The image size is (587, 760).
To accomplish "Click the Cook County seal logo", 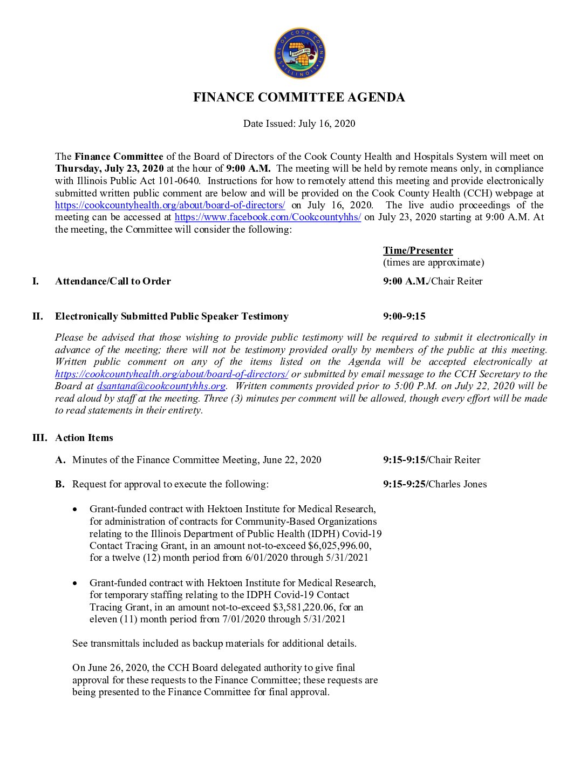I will (299, 54).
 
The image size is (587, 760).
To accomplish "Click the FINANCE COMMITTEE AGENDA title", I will (299, 98).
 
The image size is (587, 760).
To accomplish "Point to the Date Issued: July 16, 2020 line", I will (299, 124).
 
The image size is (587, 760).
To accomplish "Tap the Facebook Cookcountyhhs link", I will (268, 218).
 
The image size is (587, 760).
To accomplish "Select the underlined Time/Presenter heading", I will (418, 250).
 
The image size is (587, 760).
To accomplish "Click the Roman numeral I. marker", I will (36, 281).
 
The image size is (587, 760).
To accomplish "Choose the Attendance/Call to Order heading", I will (113, 281).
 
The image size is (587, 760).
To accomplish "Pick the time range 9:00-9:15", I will (404, 316).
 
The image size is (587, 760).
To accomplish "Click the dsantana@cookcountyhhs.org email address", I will (161, 386).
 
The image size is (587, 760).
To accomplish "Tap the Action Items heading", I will (84, 438).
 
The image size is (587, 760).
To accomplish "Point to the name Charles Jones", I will (458, 484).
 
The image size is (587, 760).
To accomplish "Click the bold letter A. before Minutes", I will (60, 460).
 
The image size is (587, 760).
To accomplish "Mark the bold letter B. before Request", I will (60, 484).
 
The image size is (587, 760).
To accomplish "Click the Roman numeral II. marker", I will (37, 316).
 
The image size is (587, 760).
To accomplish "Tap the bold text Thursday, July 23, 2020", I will (110, 169).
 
